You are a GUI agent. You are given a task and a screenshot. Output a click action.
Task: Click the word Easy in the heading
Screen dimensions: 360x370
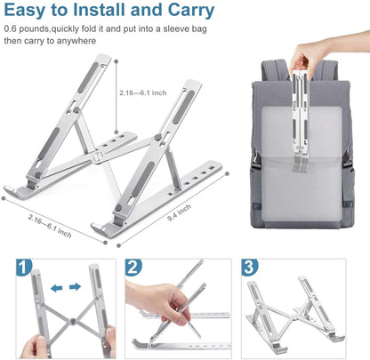coord(28,12)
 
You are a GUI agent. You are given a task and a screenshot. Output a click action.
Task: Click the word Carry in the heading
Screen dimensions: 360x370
coord(185,12)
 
